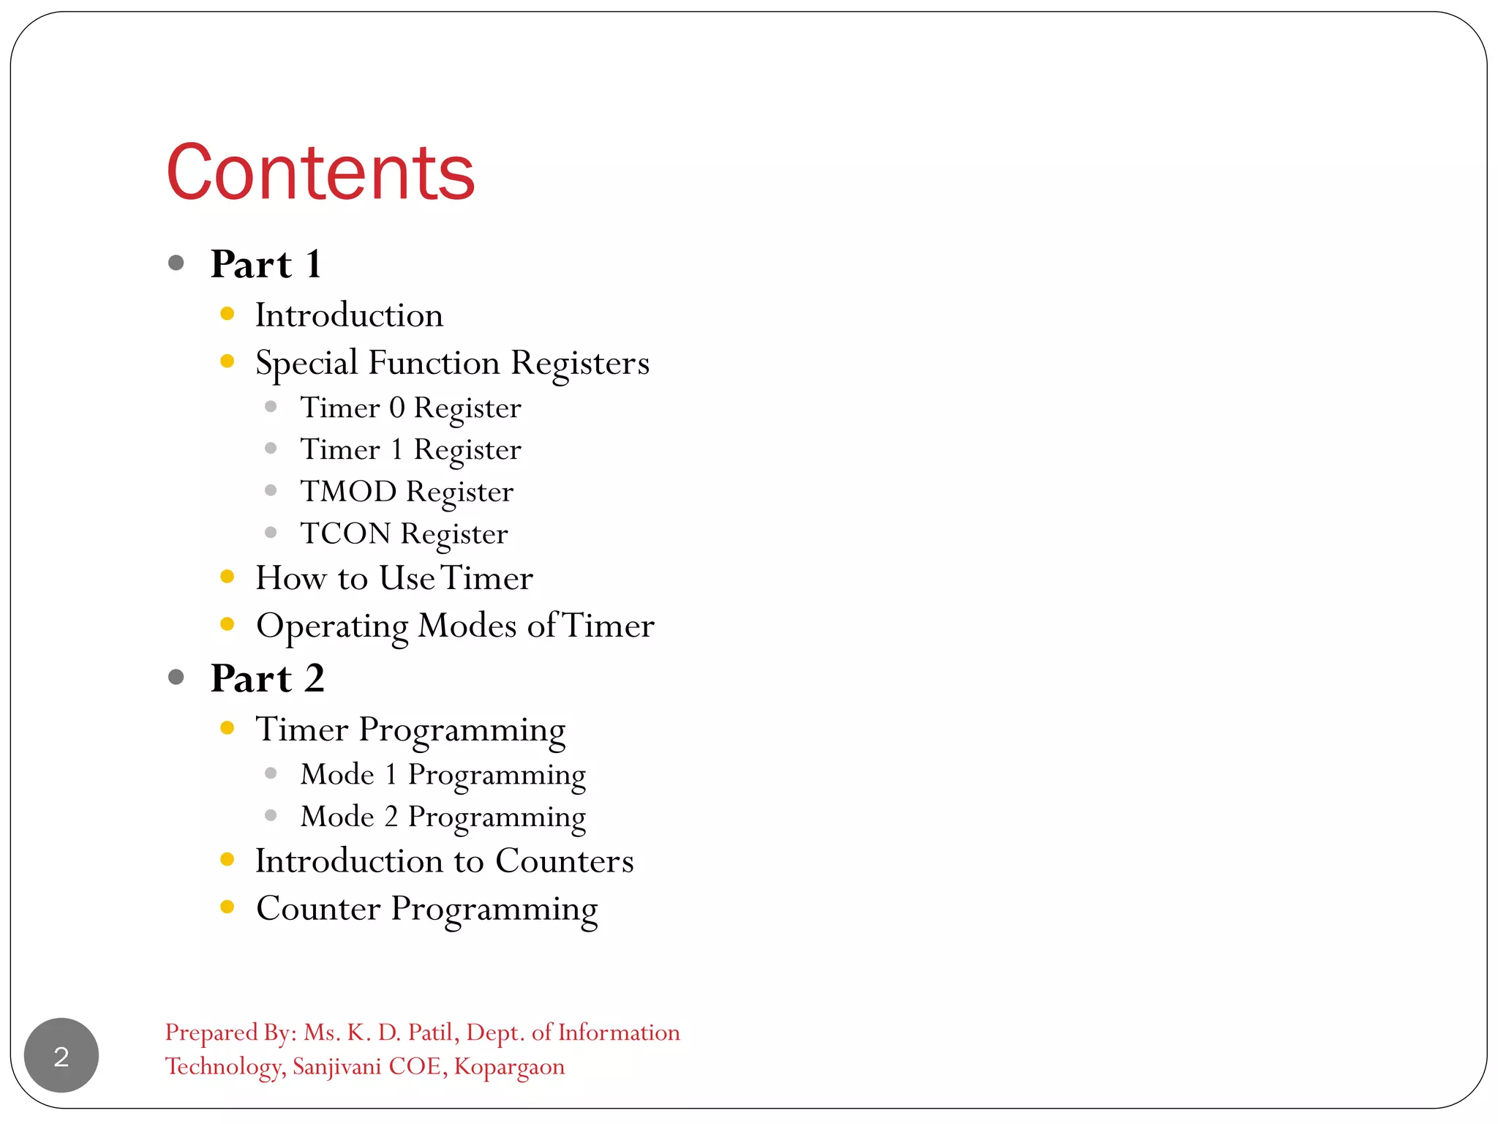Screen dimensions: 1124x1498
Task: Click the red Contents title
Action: (320, 173)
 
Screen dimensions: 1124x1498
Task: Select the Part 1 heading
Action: (266, 264)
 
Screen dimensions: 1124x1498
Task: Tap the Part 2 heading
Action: (267, 678)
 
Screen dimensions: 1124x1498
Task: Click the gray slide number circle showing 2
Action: (61, 1055)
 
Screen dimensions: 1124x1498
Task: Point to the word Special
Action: (306, 363)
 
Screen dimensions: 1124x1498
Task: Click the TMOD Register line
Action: (407, 492)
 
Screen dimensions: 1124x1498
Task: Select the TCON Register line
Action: (404, 533)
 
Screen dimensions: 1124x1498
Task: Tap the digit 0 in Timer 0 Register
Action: (396, 408)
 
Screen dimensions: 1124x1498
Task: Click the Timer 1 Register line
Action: (410, 449)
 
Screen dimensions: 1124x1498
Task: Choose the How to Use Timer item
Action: (394, 578)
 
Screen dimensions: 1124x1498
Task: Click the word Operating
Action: (332, 626)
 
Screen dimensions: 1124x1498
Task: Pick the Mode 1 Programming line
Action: (443, 775)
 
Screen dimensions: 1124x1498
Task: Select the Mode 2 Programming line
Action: (443, 817)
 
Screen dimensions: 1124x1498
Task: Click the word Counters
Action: (564, 861)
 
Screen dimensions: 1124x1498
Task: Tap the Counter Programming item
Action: (426, 909)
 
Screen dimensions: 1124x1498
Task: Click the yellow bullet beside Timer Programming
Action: (227, 728)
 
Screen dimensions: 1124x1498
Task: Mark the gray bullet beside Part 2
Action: (176, 677)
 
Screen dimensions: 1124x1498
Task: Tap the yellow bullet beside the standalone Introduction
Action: (227, 314)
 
